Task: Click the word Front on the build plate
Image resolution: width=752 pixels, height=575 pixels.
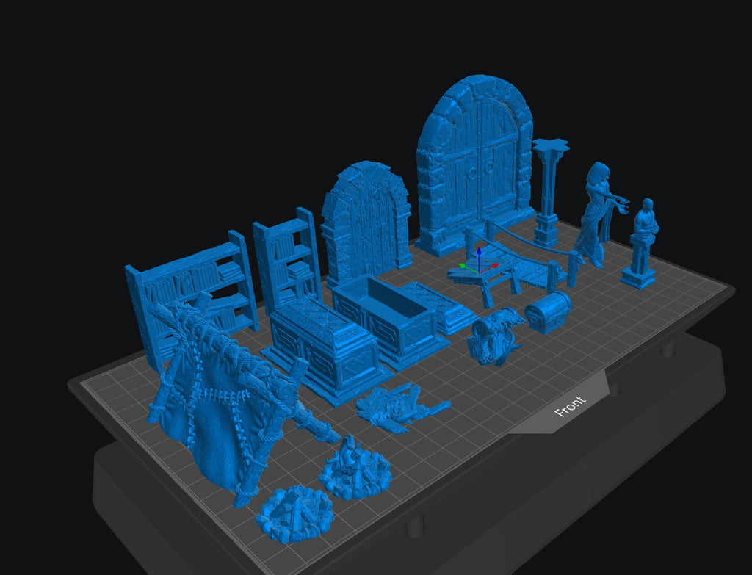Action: pos(570,407)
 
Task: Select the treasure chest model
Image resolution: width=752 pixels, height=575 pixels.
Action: pos(548,311)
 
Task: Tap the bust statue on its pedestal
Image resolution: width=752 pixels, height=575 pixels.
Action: pos(640,244)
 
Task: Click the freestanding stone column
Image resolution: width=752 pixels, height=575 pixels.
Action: pos(548,192)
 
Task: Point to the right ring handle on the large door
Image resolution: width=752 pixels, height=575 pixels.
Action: pos(489,167)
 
